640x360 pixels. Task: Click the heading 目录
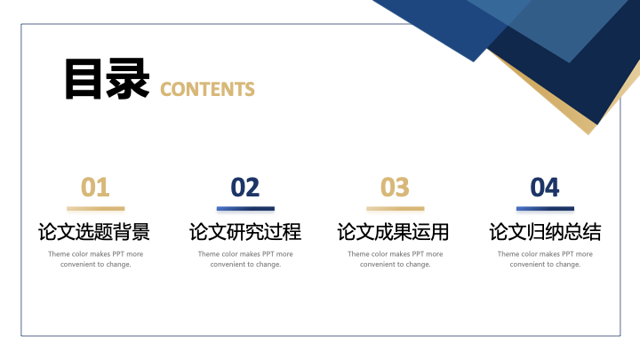click(107, 79)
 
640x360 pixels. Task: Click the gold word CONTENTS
click(207, 90)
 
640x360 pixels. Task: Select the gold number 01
click(95, 188)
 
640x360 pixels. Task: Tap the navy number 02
click(245, 188)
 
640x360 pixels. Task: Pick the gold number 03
click(395, 188)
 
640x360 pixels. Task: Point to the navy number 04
click(545, 188)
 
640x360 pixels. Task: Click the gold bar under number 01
click(95, 209)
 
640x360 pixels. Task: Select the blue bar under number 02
click(245, 209)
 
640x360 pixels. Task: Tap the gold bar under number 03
click(395, 209)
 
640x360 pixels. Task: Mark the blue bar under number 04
click(545, 209)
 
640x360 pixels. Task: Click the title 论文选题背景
click(94, 232)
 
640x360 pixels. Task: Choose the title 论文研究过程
click(245, 232)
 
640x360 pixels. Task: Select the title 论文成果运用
click(393, 232)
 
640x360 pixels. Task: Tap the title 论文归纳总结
click(545, 232)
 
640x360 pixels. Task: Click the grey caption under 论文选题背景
click(95, 260)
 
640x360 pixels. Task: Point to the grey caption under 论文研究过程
click(245, 260)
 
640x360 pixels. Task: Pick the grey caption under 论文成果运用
click(395, 260)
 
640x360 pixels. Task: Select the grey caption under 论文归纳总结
click(545, 260)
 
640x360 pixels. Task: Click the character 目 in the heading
click(84, 79)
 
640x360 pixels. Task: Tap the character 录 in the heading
click(127, 79)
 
